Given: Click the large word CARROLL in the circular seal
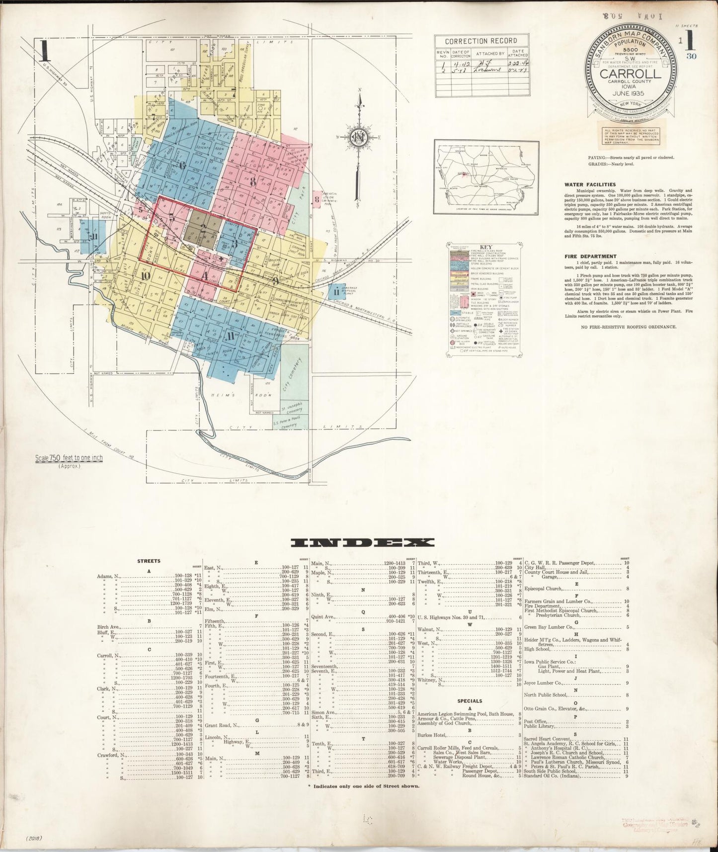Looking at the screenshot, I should click(x=630, y=74).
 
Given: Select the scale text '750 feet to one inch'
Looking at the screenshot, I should click(x=69, y=458).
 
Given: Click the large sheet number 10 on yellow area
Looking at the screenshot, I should click(x=145, y=276).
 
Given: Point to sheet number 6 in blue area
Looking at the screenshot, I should click(x=182, y=166).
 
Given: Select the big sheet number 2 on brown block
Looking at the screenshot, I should click(x=203, y=228).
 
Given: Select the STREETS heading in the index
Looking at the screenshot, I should click(x=149, y=561).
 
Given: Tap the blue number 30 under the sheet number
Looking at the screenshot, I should click(x=691, y=56).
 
